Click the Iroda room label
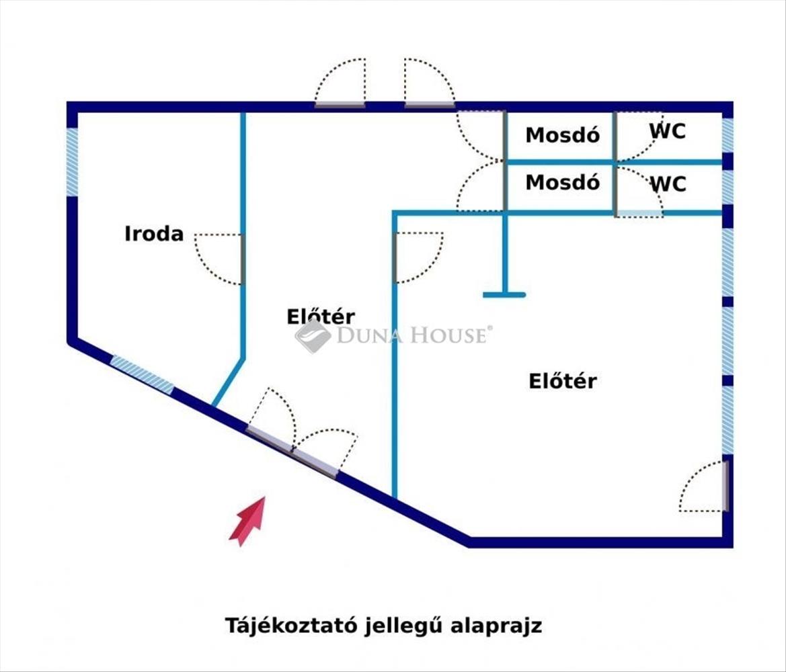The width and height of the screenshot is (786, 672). point(154,234)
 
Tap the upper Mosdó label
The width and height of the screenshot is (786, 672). point(562,135)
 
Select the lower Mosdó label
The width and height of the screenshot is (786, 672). point(562,182)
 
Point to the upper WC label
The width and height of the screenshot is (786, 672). point(668,131)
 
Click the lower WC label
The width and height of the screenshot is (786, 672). point(668,183)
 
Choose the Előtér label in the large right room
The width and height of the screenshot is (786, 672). point(563,381)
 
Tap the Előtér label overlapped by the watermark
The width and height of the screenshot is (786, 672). point(321,317)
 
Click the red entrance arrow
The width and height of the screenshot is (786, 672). point(247,520)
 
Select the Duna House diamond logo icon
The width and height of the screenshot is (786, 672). point(312,335)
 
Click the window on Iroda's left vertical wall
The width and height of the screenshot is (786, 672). point(72,161)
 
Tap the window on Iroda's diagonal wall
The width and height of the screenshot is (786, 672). point(143,374)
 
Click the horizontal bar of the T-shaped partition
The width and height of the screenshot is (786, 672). point(504,294)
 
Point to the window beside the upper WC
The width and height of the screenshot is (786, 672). point(727,135)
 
